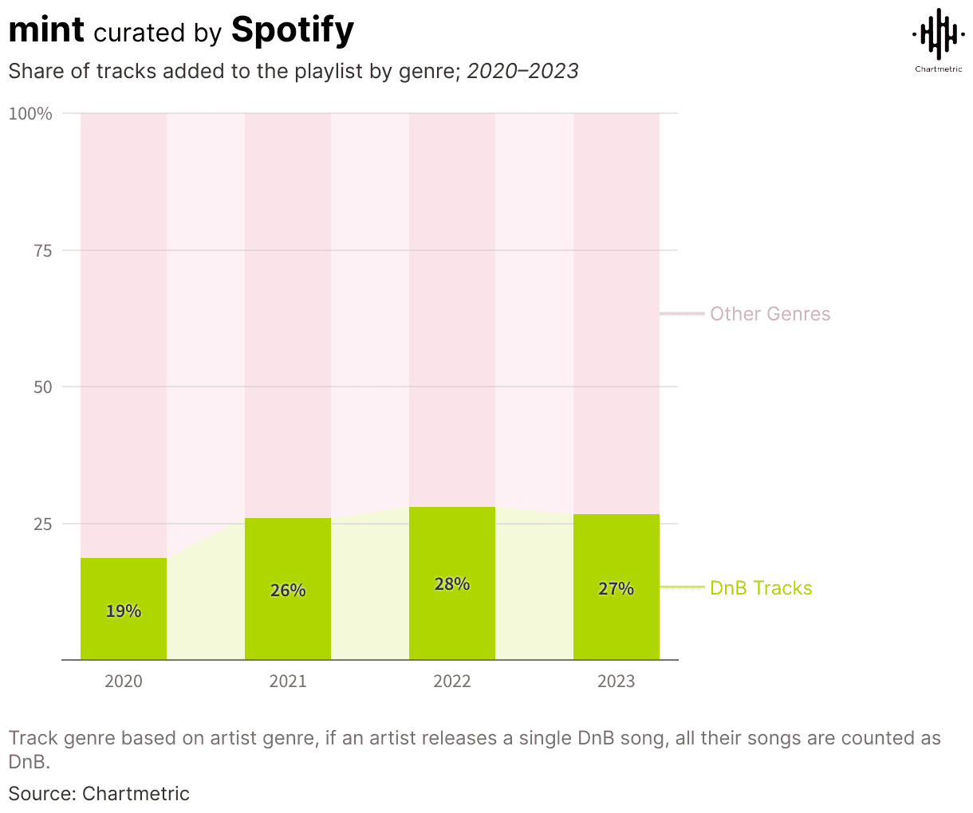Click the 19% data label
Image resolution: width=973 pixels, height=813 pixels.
[124, 611]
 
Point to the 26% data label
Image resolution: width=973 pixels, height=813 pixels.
[288, 591]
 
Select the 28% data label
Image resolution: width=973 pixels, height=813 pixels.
[452, 584]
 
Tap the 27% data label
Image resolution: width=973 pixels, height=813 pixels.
[616, 589]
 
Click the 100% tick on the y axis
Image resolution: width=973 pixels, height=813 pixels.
[30, 114]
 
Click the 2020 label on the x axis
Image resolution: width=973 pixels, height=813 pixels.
[124, 681]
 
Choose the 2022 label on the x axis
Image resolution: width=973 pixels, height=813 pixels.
[452, 681]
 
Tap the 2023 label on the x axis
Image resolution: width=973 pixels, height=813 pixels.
[616, 681]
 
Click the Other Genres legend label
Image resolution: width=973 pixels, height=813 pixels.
[770, 314]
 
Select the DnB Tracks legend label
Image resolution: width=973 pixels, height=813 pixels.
[761, 588]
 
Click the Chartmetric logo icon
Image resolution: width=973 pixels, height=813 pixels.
[938, 33]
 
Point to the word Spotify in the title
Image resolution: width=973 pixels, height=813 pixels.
[292, 30]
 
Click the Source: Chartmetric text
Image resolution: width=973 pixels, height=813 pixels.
[99, 794]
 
